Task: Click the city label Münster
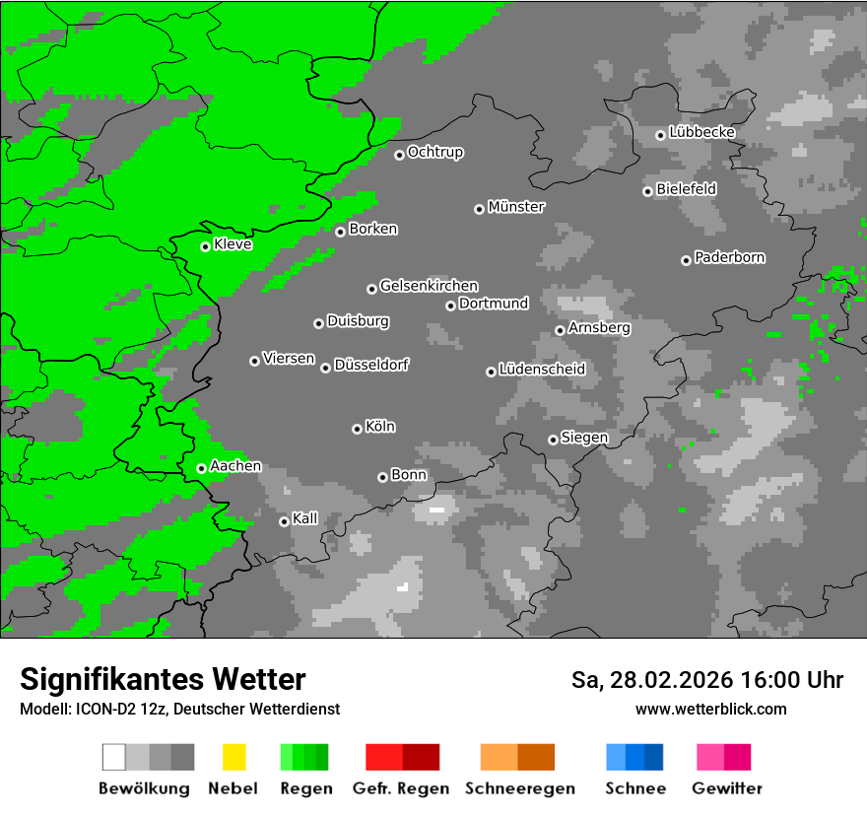[x=516, y=207]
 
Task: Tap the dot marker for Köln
[x=357, y=429]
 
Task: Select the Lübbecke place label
[x=702, y=132]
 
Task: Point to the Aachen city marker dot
[x=201, y=468]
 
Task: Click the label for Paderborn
[x=730, y=257]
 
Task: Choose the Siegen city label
[x=585, y=438]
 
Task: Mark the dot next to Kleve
[x=205, y=246]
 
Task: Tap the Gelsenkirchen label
[x=430, y=286]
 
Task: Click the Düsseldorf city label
[x=371, y=365]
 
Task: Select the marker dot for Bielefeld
[x=647, y=191]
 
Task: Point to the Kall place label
[x=305, y=518]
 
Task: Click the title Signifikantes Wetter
[x=163, y=679]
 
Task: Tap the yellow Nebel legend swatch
[x=233, y=757]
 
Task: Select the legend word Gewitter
[x=727, y=788]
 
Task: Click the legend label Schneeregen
[x=520, y=788]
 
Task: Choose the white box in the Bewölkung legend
[x=113, y=757]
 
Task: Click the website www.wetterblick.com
[x=710, y=709]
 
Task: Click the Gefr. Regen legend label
[x=401, y=788]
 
